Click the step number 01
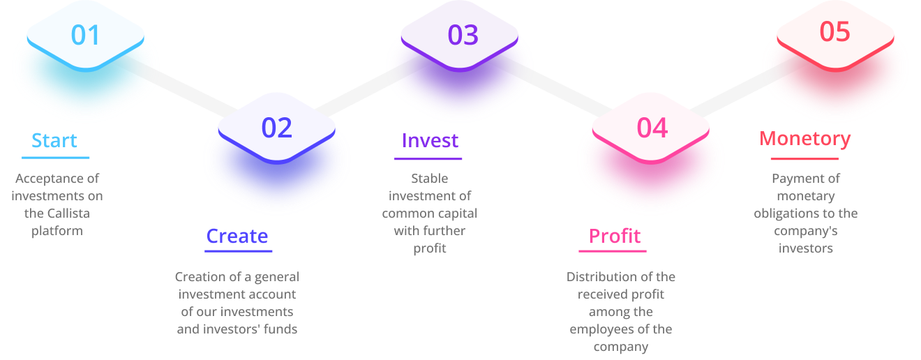point(85,36)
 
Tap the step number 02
point(276,128)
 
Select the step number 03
point(463,35)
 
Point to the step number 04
point(652,128)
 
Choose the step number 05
point(834,32)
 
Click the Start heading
point(54,141)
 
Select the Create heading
point(237,237)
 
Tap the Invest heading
point(430,141)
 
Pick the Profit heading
point(614,237)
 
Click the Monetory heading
point(804,139)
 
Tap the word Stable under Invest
point(429,179)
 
